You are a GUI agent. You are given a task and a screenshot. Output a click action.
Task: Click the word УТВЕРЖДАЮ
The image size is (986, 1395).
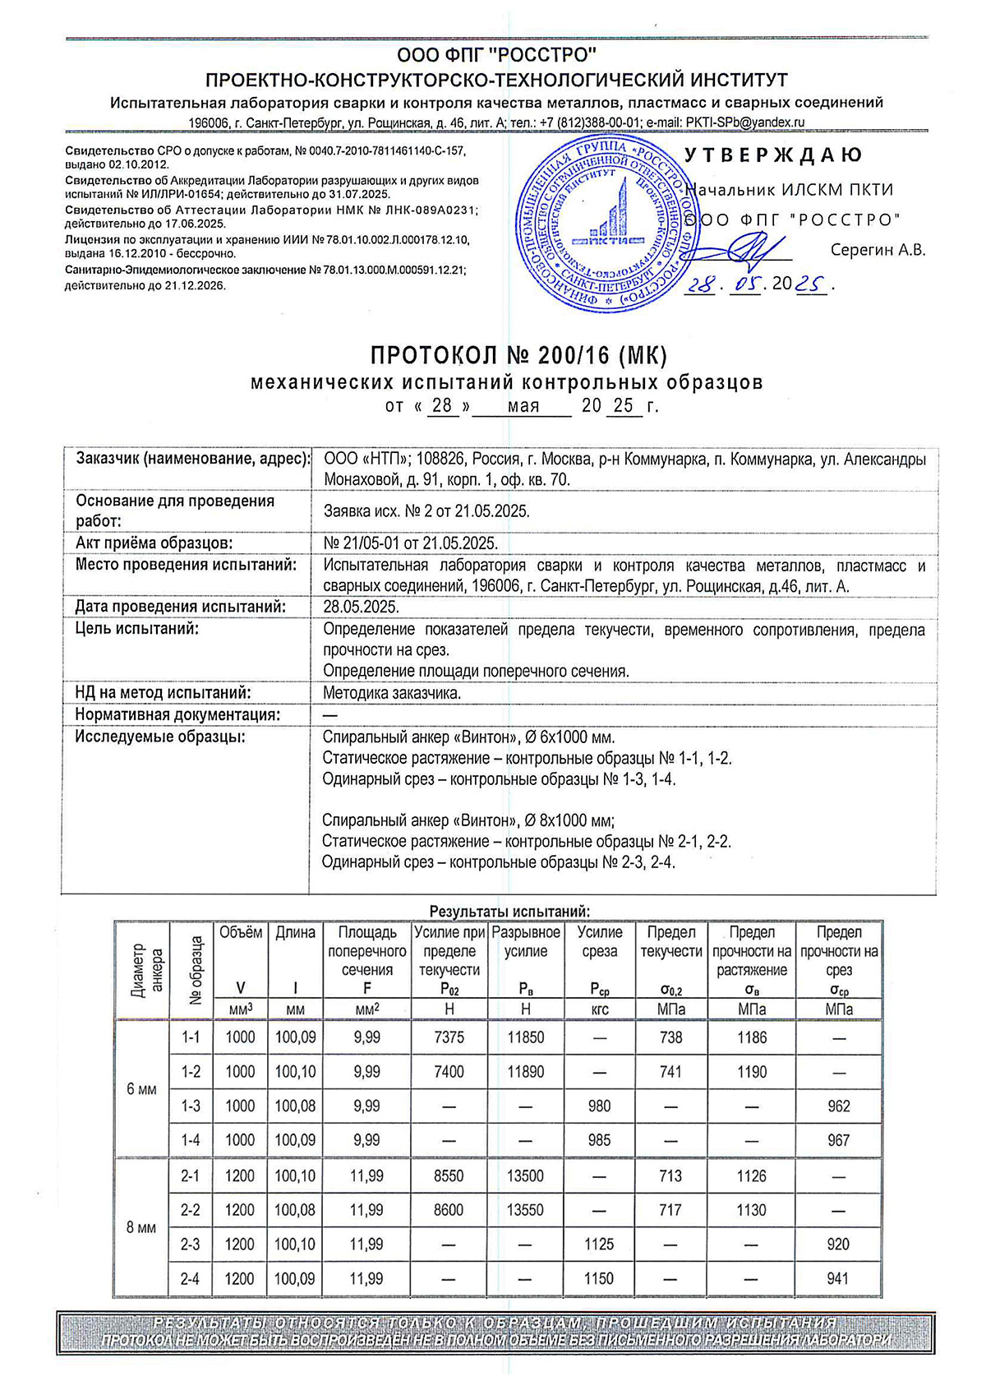(x=773, y=155)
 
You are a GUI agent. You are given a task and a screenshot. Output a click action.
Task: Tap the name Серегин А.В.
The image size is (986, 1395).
(x=878, y=250)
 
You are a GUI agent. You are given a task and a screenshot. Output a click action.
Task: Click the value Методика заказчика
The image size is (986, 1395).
(x=392, y=693)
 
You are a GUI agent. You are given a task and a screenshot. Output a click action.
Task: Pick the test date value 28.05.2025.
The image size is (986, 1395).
(x=362, y=607)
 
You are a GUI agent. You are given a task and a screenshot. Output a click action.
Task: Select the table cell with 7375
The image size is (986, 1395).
(x=449, y=1037)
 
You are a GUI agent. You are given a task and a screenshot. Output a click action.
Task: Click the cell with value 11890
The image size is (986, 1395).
(x=525, y=1072)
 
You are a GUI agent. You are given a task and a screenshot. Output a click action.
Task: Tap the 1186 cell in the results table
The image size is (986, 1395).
(x=752, y=1037)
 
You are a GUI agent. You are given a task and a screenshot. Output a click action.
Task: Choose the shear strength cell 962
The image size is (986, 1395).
(x=838, y=1106)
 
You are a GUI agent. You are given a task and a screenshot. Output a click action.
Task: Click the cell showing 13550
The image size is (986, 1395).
(x=525, y=1210)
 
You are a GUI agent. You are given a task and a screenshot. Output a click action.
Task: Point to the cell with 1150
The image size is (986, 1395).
(x=599, y=1278)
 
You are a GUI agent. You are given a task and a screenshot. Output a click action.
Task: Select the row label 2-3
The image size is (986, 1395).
(x=190, y=1245)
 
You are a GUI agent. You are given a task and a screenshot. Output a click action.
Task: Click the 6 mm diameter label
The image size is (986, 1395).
(x=141, y=1089)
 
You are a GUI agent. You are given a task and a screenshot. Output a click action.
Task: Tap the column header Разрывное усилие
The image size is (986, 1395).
(x=525, y=942)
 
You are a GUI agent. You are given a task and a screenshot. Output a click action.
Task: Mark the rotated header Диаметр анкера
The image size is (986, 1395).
(x=141, y=970)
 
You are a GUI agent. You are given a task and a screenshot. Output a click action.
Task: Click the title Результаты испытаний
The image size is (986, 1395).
(x=509, y=912)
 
